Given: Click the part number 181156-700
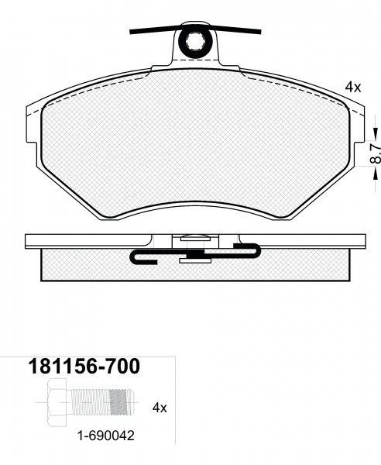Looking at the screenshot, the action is pyautogui.click(x=84, y=366).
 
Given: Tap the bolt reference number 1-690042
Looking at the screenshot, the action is pyautogui.click(x=106, y=436).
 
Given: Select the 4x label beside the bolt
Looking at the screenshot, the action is pyautogui.click(x=160, y=408).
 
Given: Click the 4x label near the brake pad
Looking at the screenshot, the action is pyautogui.click(x=353, y=87).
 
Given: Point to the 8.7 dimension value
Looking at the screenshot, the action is pyautogui.click(x=376, y=153).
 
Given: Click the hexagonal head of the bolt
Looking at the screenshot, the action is pyautogui.click(x=57, y=402).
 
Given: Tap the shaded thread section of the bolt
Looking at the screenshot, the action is pyautogui.click(x=122, y=402).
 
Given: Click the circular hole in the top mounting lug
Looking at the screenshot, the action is pyautogui.click(x=194, y=42).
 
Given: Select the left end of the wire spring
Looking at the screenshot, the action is pyautogui.click(x=130, y=32).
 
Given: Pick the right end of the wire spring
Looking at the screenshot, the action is pyautogui.click(x=260, y=31).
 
